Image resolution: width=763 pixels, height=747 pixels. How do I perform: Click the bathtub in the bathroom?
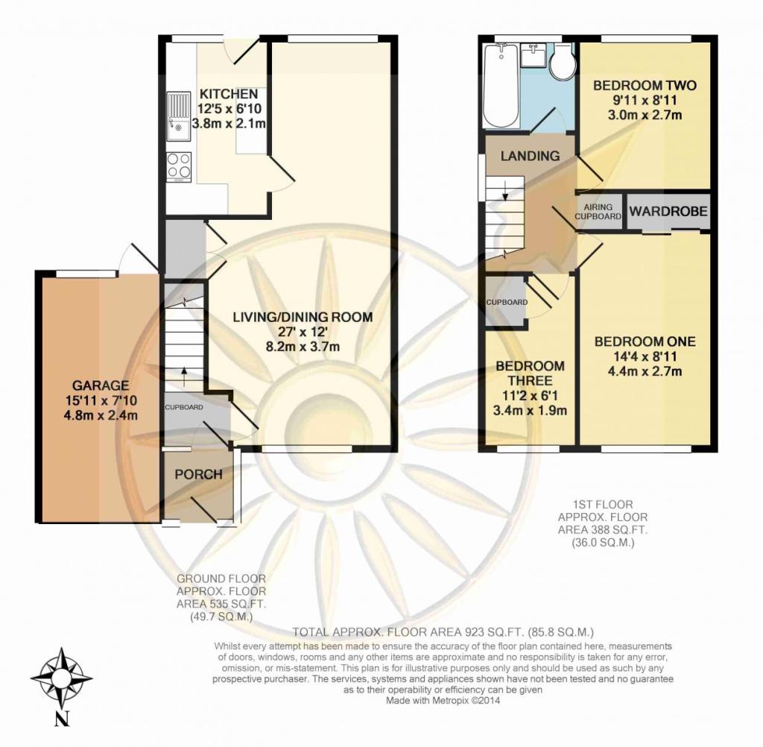(501, 86)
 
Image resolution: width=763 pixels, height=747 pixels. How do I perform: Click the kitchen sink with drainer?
(179, 116)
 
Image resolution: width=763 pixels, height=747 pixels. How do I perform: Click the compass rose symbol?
(62, 678)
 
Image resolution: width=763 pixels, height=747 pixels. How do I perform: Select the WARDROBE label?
(668, 211)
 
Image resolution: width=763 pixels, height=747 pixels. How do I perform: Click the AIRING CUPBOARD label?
(598, 212)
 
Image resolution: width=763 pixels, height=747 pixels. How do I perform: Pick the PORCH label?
(198, 474)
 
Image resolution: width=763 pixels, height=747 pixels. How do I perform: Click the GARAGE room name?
(101, 385)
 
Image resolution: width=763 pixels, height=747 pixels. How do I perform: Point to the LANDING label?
(530, 156)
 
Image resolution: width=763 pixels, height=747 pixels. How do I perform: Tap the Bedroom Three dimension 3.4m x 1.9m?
(530, 411)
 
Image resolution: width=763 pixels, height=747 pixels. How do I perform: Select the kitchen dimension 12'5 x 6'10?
(229, 109)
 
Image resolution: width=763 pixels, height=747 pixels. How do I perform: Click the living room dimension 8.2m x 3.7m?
(303, 347)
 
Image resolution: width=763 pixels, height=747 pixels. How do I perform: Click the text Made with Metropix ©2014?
(443, 701)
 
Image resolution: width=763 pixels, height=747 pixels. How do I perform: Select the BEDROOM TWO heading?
(645, 86)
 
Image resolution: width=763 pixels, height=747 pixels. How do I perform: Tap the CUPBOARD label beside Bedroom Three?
(507, 303)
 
